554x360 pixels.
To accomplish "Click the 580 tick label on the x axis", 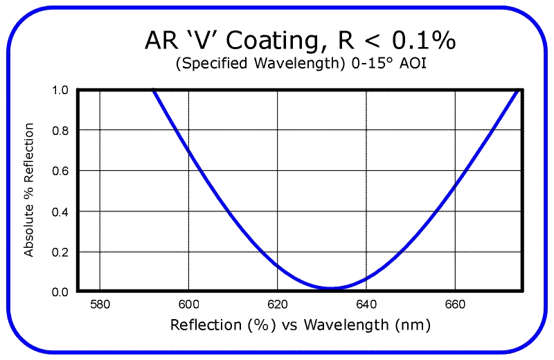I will pyautogui.click(x=100, y=304).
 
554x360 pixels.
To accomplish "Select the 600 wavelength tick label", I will pyautogui.click(x=188, y=304).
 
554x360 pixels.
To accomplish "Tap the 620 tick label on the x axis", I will pyautogui.click(x=277, y=304).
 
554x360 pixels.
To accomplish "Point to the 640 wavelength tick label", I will pyautogui.click(x=366, y=304).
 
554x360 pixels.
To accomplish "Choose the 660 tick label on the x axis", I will pyautogui.click(x=455, y=304).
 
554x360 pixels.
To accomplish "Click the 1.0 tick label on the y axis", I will pyautogui.click(x=60, y=90).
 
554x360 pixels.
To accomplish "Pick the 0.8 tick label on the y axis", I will pyautogui.click(x=60, y=130).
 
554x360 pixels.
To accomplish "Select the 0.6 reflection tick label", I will pyautogui.click(x=60, y=171).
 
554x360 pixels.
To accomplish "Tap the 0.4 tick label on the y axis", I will pyautogui.click(x=60, y=211).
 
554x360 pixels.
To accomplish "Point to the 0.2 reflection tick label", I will pyautogui.click(x=60, y=252).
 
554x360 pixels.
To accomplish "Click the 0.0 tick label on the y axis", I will pyautogui.click(x=60, y=291).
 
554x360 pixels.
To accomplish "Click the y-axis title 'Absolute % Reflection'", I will pyautogui.click(x=29, y=190).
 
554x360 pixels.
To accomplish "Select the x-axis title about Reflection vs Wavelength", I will pyautogui.click(x=300, y=325).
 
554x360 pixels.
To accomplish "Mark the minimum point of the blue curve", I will pyautogui.click(x=332, y=288).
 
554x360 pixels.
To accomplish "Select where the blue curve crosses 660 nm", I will pyautogui.click(x=455, y=185).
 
